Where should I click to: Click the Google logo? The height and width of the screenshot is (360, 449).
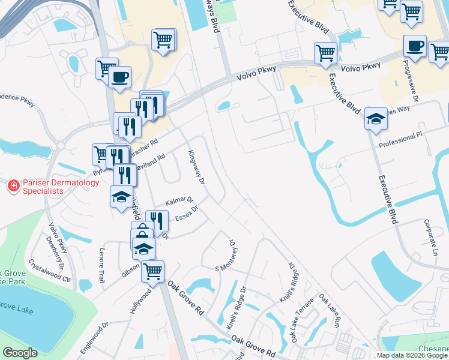click(20, 353)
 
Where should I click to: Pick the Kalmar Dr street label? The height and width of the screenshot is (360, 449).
click(179, 200)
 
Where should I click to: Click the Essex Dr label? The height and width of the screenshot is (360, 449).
click(187, 214)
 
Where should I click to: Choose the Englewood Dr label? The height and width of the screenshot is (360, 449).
click(95, 334)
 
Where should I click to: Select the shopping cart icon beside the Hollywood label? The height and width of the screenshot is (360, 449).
click(152, 271)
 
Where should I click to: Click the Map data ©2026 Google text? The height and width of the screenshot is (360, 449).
click(411, 355)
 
